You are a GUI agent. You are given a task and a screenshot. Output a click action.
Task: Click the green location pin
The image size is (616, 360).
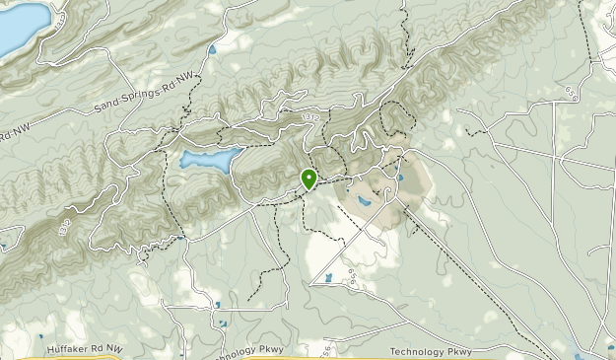(x=308, y=178)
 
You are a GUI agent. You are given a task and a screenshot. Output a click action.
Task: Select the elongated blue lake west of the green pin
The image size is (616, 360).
(x=210, y=160)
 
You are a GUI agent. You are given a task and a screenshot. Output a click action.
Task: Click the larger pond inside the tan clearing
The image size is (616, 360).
(x=365, y=201)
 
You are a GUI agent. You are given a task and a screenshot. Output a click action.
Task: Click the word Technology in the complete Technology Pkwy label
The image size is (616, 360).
(x=418, y=351)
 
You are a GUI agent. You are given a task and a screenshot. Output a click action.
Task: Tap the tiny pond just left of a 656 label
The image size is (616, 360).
(x=329, y=277)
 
